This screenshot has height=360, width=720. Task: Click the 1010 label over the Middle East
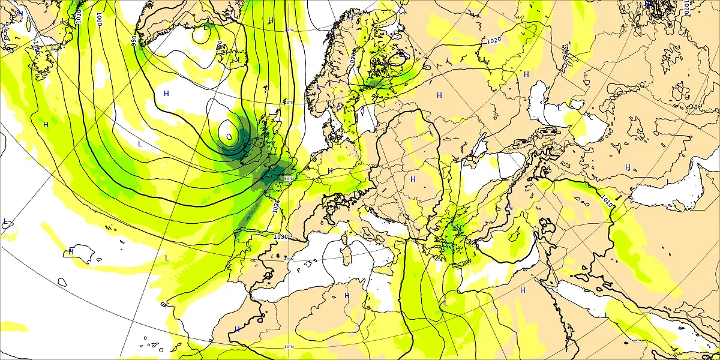(x=606, y=200)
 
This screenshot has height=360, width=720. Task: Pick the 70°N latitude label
(x=289, y=30)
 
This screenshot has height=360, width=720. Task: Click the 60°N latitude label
(x=289, y=103)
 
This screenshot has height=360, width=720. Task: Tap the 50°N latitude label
(x=289, y=178)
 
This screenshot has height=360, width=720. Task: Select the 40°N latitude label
(x=289, y=259)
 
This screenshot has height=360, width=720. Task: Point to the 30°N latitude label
(x=289, y=346)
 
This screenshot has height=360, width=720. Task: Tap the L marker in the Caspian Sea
(x=559, y=108)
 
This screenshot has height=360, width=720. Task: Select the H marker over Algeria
(x=347, y=296)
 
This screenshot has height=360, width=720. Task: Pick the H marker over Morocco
(x=237, y=329)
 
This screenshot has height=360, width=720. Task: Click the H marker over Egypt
(x=523, y=290)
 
